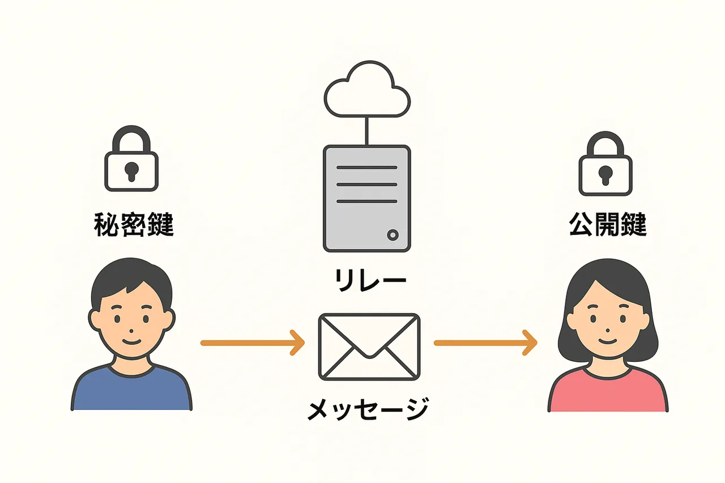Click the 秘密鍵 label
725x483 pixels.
point(133,225)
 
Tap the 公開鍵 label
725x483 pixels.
point(607,225)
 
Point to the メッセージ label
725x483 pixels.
point(368,409)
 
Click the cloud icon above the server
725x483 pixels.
point(366,91)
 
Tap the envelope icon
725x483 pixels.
point(369,347)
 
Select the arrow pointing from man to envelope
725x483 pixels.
point(253,343)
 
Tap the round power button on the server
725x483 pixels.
point(393,234)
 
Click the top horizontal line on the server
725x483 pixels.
point(366,168)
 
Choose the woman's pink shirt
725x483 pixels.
point(608,391)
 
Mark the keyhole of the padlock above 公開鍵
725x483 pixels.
point(605,173)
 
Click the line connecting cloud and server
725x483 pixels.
point(367,131)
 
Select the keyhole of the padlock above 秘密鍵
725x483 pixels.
point(131,170)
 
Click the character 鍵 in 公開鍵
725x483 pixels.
point(633,225)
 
